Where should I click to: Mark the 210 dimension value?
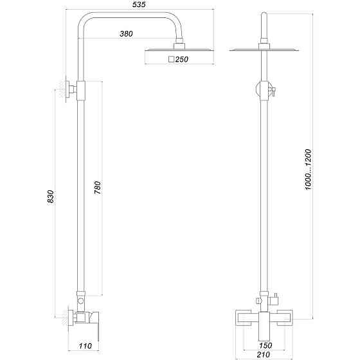(264, 354)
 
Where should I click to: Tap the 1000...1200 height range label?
(309, 169)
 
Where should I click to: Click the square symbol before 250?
(171, 59)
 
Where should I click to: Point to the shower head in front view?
(263, 50)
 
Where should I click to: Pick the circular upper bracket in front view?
(263, 89)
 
